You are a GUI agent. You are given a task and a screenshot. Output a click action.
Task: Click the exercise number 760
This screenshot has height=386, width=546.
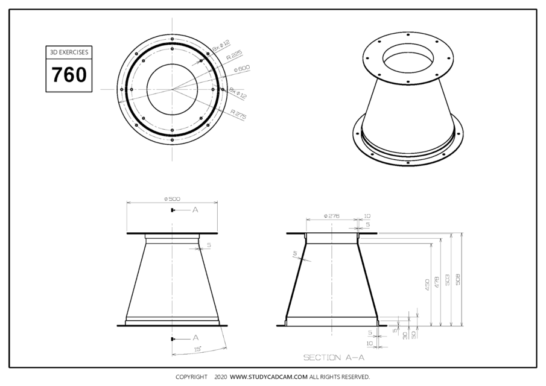point(69,75)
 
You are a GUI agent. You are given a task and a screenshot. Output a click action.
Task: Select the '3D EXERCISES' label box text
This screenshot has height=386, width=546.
point(69,52)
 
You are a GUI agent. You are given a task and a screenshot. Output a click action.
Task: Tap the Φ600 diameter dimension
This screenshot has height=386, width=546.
point(243,69)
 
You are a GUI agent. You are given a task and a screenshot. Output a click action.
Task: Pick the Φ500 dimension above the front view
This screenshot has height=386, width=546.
point(172,199)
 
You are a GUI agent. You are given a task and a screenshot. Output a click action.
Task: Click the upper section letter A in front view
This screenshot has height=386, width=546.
point(195,210)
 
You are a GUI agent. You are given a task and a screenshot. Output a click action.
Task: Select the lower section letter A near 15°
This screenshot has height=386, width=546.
point(195,338)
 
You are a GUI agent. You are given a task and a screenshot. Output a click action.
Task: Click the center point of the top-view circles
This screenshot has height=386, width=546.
point(172,89)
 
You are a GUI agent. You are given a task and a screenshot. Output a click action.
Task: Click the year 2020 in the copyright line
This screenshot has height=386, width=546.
point(220,377)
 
